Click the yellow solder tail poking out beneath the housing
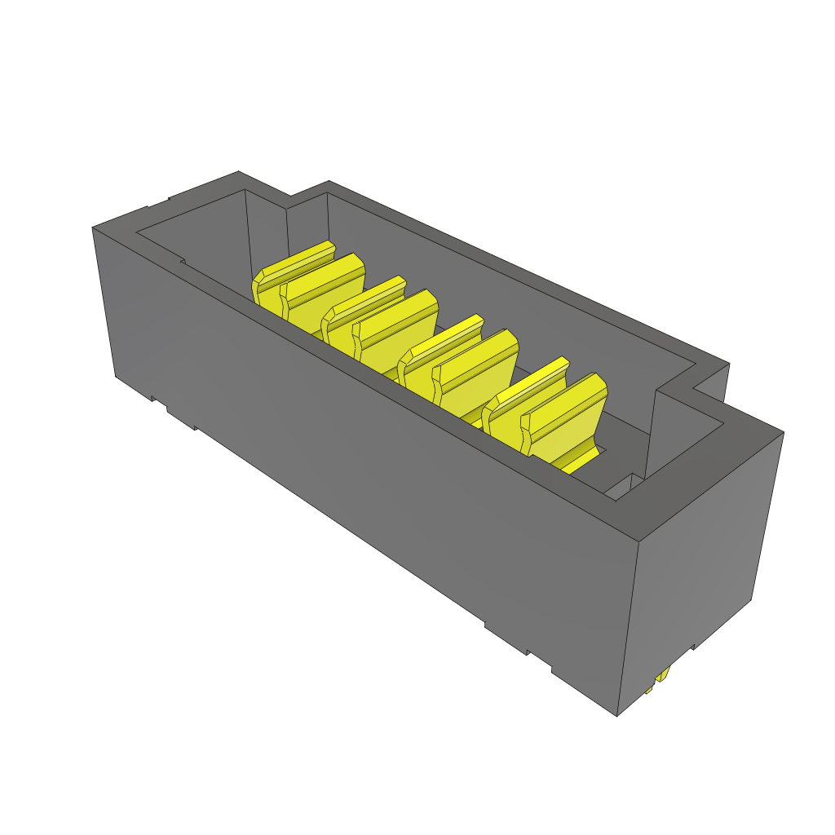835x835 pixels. tap(662, 677)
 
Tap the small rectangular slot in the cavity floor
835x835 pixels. tap(620, 487)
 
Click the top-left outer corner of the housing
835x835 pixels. tap(93, 228)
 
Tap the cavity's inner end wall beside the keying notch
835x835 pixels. tap(265, 228)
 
